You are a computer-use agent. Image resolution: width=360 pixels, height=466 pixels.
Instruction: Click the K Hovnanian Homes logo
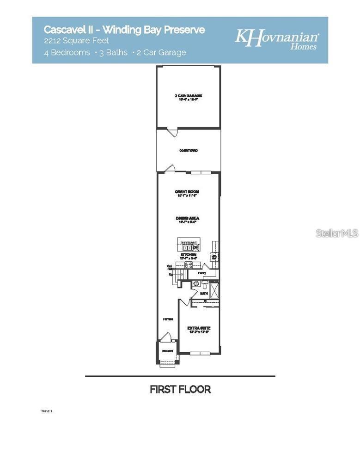point(277,39)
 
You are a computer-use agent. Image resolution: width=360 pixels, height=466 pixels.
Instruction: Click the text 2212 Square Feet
point(77,41)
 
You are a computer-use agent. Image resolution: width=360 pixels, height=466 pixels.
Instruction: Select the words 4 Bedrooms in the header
point(67,52)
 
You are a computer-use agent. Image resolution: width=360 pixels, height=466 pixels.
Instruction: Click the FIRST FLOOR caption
point(180,389)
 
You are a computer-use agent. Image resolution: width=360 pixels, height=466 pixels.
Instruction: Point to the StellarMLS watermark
point(337,233)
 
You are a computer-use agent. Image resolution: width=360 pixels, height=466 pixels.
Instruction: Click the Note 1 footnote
point(47,411)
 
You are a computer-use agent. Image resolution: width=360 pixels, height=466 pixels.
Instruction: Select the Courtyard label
point(189,151)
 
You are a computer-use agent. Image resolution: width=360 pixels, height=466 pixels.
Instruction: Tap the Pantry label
point(202,273)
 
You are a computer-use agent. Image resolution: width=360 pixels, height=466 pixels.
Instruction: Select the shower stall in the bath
point(214,289)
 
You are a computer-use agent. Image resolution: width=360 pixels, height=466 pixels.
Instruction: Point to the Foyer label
point(168,319)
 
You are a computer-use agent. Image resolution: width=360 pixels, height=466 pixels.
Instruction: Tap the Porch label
point(167,351)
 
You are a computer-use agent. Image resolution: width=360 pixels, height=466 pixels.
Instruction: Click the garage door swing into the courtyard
point(172,132)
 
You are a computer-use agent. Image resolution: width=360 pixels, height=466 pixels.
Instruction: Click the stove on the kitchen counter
point(189,265)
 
